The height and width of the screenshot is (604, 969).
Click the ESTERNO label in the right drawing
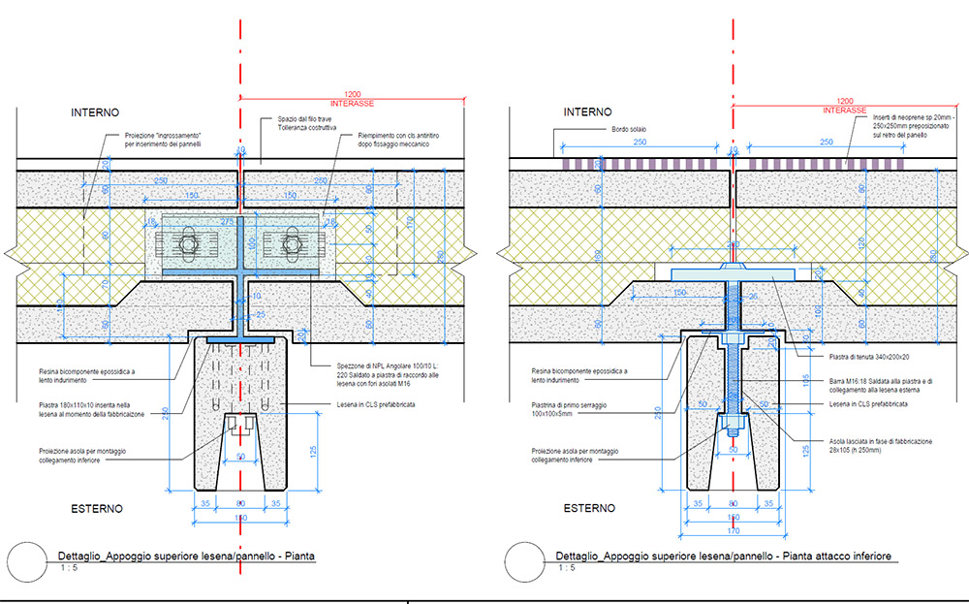click(590, 508)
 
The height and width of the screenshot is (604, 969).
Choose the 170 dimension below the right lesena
click(734, 531)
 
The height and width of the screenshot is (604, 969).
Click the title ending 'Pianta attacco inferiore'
click(723, 556)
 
